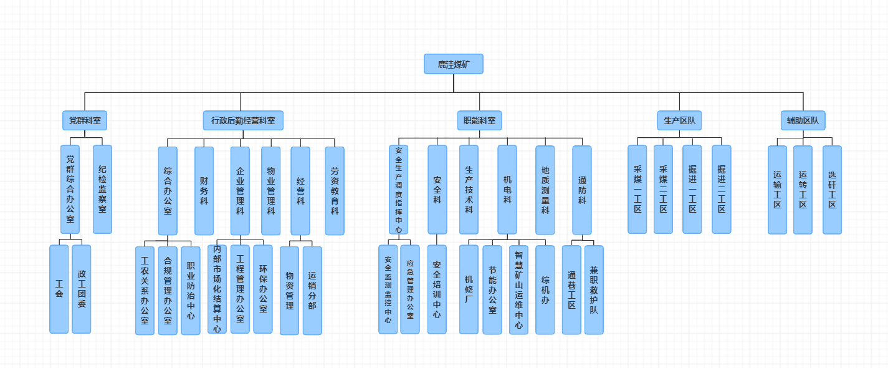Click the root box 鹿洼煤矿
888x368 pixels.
click(x=454, y=64)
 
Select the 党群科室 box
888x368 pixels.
click(x=85, y=120)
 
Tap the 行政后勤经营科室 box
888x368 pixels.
click(x=243, y=120)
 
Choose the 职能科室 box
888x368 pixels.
click(x=480, y=120)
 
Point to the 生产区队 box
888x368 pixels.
click(x=679, y=120)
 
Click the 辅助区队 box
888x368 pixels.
click(x=803, y=120)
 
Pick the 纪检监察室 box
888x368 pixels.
click(x=102, y=190)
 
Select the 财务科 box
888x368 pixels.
click(x=204, y=191)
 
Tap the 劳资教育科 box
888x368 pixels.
click(x=335, y=191)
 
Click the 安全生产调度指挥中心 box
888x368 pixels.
click(x=398, y=190)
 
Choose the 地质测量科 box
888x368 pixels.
click(x=545, y=190)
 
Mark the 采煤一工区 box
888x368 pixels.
click(x=637, y=190)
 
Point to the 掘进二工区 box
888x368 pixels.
click(x=722, y=190)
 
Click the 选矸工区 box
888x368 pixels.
click(x=832, y=190)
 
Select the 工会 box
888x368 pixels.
click(x=59, y=289)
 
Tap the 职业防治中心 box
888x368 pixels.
click(x=191, y=291)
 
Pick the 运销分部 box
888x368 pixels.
click(x=312, y=291)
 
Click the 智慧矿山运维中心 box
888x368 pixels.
click(x=518, y=290)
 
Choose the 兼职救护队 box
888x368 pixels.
click(x=594, y=290)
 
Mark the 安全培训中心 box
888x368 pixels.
click(x=437, y=289)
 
